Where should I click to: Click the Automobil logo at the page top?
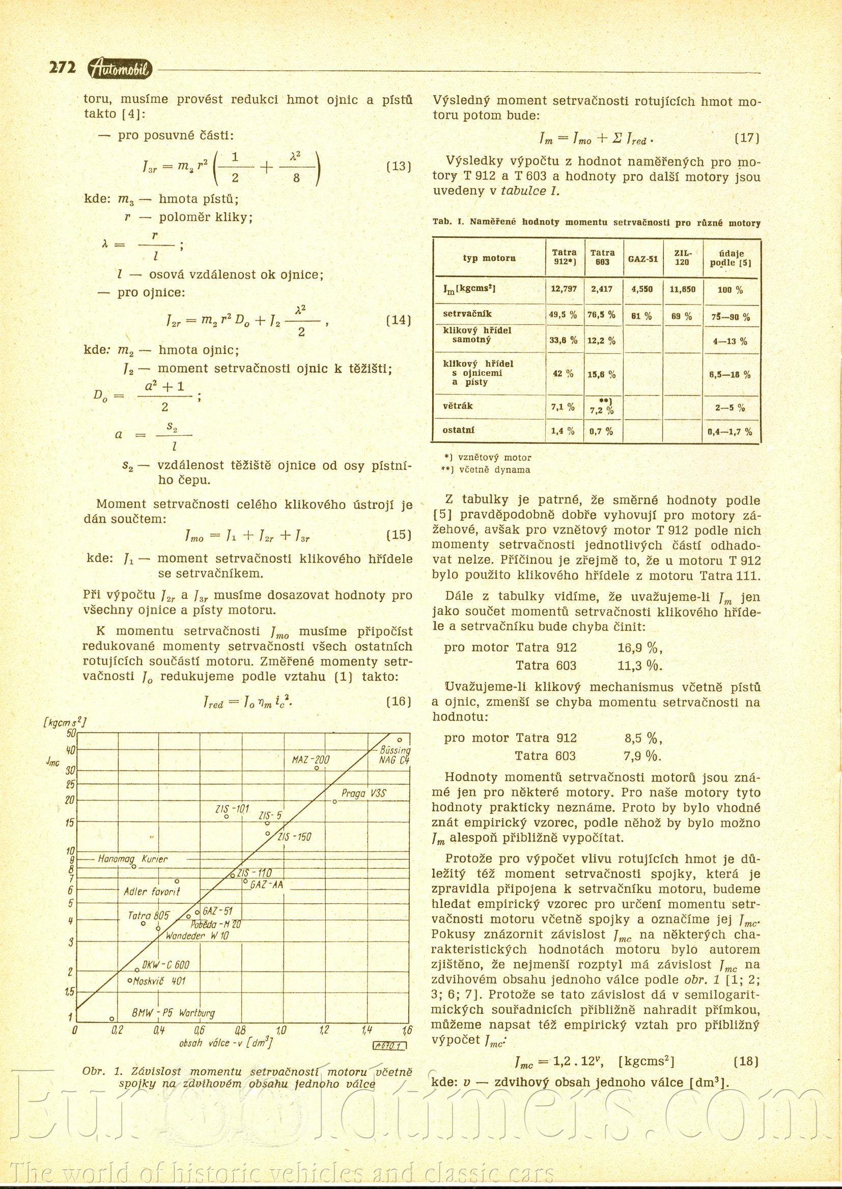point(120,68)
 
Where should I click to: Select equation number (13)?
point(399,167)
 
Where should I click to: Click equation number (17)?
point(747,139)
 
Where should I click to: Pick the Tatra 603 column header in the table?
point(602,257)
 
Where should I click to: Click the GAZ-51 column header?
point(643,258)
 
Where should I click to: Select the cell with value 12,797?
point(564,289)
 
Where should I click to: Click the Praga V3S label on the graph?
point(364,793)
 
